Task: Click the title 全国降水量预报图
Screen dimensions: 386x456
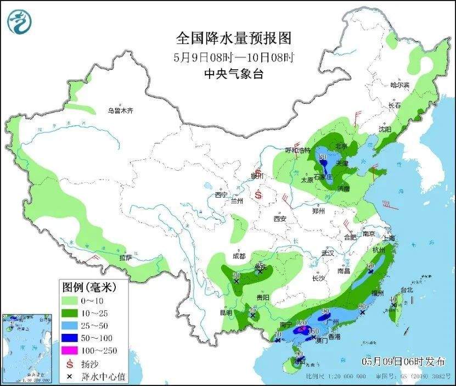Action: point(233,38)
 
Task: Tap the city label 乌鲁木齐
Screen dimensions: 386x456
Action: point(120,111)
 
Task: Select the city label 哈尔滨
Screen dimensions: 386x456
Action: point(399,85)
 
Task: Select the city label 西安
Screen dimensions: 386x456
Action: point(280,219)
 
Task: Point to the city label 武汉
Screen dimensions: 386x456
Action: point(328,254)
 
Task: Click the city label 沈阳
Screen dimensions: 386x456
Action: point(385,130)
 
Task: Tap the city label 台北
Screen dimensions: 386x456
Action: point(407,289)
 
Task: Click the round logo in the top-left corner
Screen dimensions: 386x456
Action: point(20,21)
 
